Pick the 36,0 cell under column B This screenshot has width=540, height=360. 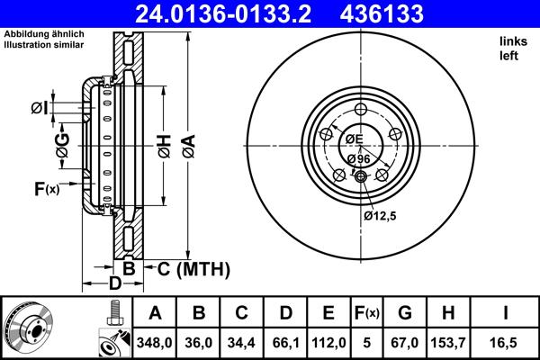coord(200,343)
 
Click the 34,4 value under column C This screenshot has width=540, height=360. coord(243,343)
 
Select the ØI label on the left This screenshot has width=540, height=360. coord(38,109)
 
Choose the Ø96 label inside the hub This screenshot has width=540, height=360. coord(358,158)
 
